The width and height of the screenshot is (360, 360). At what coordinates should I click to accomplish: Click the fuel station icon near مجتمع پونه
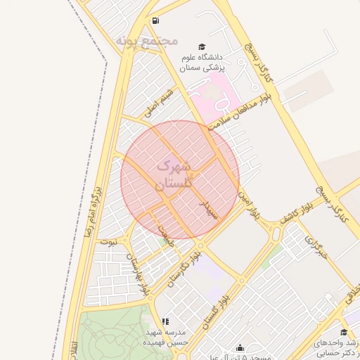click(x=155, y=20)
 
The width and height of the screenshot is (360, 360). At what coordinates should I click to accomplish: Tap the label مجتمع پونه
click(x=148, y=41)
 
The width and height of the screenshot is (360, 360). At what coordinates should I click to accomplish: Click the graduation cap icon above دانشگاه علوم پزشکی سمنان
click(x=202, y=45)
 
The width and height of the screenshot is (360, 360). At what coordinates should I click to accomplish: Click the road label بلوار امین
click(x=250, y=204)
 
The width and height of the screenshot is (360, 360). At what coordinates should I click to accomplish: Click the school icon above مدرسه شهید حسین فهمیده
click(x=165, y=321)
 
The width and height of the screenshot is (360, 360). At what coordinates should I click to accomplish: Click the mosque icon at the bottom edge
click(x=240, y=347)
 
